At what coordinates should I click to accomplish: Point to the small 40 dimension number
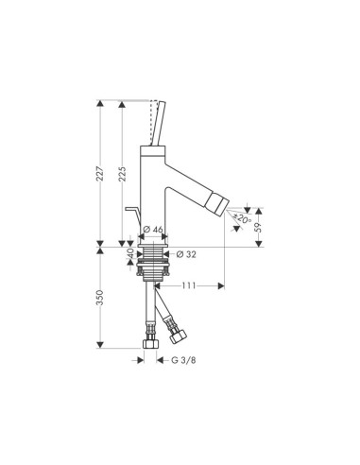point(130,253)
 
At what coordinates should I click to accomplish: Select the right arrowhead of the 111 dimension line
point(221,284)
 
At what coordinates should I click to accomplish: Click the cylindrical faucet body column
point(153,189)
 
